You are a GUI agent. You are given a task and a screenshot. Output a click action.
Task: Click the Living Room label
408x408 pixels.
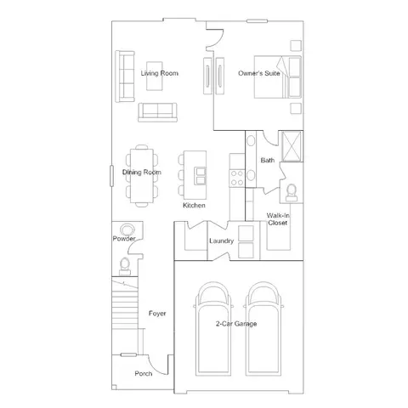[160, 73]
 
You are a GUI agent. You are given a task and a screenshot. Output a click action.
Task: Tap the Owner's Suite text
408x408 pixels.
[259, 73]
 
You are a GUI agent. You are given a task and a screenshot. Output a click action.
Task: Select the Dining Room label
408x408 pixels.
[142, 172]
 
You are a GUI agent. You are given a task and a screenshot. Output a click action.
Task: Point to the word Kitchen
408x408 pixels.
[194, 205]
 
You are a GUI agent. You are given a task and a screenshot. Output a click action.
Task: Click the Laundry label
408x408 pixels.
[222, 241]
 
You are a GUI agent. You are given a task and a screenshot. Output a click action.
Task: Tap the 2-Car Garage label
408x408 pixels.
[236, 324]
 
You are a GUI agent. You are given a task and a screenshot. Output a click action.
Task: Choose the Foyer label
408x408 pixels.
[157, 314]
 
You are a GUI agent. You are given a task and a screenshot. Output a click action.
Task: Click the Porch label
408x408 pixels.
[144, 373]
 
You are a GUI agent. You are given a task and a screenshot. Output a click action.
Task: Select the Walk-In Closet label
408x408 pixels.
[278, 219]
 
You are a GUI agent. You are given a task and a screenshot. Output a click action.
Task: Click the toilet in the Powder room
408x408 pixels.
[125, 266]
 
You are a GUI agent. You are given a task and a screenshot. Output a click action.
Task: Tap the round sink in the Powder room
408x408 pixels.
[127, 229]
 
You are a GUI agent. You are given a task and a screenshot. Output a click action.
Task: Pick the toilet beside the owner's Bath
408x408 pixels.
[292, 193]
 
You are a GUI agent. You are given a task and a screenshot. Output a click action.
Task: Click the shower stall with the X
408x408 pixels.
[292, 146]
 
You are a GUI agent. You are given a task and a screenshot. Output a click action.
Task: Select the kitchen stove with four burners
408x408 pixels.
[237, 178]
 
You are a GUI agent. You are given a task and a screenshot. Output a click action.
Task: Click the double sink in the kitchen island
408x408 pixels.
[201, 176]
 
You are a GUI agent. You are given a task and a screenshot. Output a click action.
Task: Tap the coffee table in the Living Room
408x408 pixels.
[155, 76]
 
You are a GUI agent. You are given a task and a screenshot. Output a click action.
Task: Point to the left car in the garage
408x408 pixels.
[213, 329]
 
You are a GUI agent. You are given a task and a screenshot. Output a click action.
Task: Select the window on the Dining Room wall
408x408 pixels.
[111, 176]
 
